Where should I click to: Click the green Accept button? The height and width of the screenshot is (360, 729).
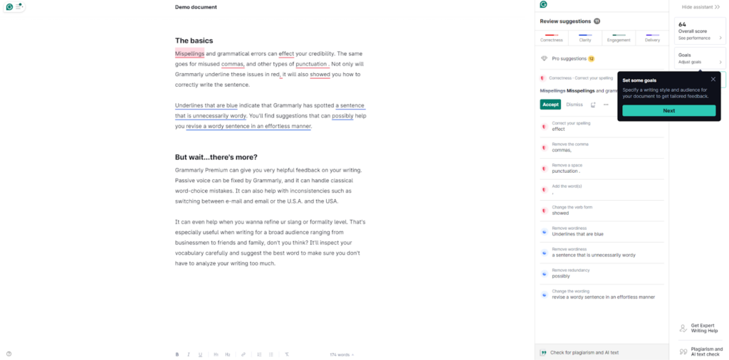pos(550,105)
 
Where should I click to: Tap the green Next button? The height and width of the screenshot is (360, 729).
pos(668,111)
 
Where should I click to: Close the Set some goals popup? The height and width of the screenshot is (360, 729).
pos(713,79)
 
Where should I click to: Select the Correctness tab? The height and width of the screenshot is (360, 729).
pos(552,38)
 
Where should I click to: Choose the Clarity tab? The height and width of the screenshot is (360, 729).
pos(585,38)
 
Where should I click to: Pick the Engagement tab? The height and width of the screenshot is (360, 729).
pos(619,38)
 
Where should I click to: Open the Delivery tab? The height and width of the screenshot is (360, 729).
pos(652,38)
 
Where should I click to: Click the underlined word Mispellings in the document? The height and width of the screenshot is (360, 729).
pos(190,53)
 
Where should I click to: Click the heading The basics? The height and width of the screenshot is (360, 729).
pos(194,41)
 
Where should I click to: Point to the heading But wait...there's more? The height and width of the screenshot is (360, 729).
pos(216,157)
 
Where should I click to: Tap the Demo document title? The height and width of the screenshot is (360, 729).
pos(196,7)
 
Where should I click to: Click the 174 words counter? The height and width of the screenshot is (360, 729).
pos(341,354)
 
